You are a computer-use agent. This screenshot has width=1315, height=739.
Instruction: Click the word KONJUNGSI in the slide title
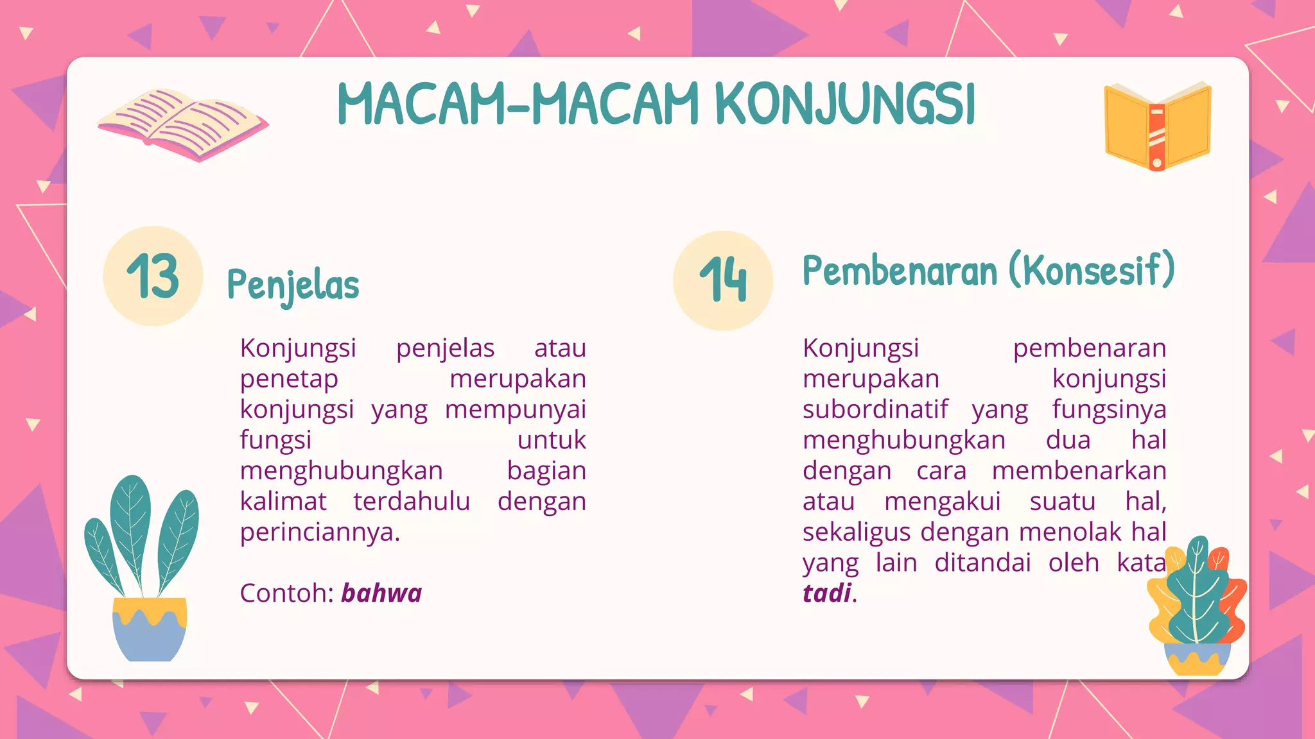pyautogui.click(x=844, y=104)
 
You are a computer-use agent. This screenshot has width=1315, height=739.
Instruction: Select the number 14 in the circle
pyautogui.click(x=723, y=280)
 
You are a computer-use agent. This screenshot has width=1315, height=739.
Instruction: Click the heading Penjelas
pyautogui.click(x=293, y=285)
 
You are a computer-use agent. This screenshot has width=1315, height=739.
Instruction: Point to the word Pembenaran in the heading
pyautogui.click(x=900, y=271)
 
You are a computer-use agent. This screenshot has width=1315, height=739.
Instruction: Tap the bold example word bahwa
pyautogui.click(x=381, y=593)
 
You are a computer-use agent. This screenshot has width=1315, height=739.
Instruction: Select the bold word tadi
pyautogui.click(x=827, y=593)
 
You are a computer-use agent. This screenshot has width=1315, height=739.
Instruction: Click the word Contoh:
pyautogui.click(x=286, y=593)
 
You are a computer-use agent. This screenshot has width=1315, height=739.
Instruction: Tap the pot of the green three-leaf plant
pyautogui.click(x=150, y=630)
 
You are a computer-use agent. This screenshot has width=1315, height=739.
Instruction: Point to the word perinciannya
pyautogui.click(x=320, y=532)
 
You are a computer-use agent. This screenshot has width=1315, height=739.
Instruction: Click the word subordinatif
pyautogui.click(x=875, y=409)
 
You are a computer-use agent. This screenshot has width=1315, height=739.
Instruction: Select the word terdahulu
pyautogui.click(x=412, y=502)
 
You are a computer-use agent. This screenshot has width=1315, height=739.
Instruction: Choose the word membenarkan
pyautogui.click(x=1079, y=471)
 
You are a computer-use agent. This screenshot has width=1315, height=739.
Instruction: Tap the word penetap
pyautogui.click(x=289, y=379)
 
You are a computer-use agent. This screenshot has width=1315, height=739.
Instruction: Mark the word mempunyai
pyautogui.click(x=515, y=410)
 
